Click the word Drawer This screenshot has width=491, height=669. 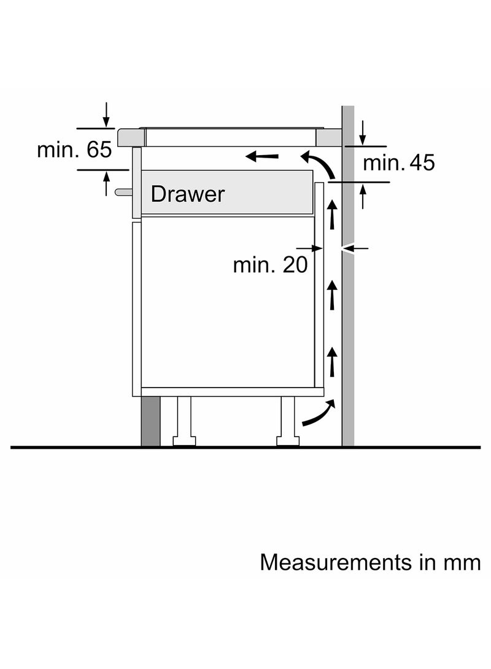187,194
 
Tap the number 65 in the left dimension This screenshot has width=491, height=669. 99,150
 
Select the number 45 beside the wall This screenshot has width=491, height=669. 422,162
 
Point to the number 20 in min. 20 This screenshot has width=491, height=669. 295,265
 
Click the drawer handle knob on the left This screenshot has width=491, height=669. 123,192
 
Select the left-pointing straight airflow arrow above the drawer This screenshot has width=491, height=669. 261,156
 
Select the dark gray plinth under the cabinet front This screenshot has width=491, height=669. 150,421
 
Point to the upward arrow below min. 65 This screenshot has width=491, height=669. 106,183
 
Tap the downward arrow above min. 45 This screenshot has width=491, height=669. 363,133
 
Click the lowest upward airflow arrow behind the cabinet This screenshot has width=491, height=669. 332,362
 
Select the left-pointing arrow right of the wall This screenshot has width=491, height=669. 355,248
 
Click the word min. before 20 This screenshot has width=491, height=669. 253,265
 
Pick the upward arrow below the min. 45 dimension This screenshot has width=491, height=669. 363,196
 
